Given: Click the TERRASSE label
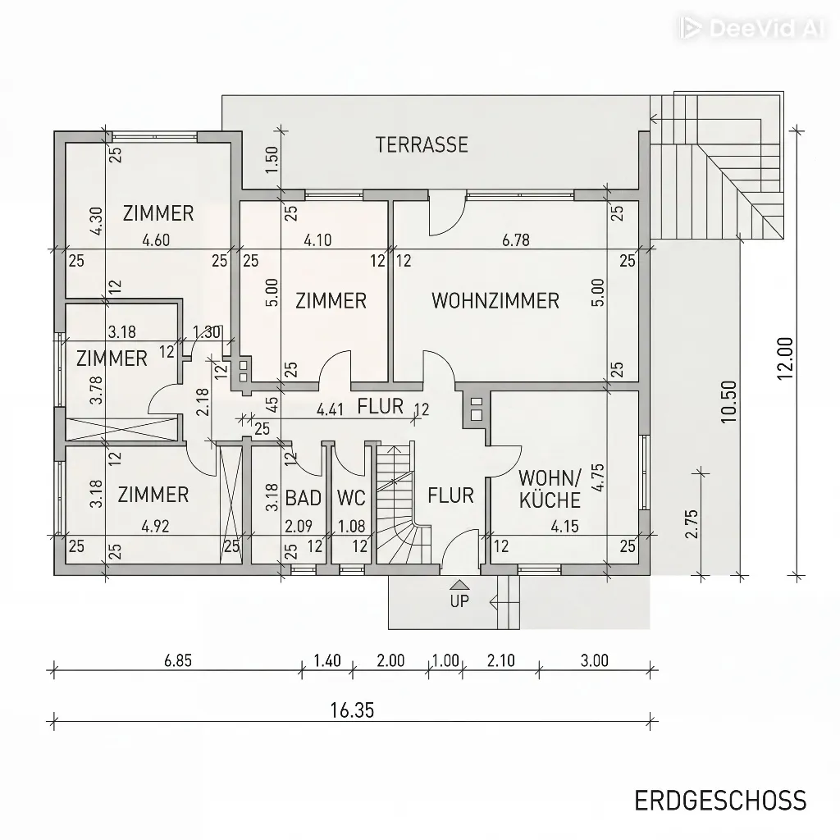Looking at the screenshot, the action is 422,144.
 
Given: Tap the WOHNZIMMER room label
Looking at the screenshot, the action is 495,300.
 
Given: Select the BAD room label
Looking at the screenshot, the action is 304,498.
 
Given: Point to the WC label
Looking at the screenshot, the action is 351,498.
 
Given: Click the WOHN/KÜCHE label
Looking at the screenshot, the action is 550,489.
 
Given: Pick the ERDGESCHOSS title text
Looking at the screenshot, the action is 720,801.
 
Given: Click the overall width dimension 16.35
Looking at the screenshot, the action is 352,710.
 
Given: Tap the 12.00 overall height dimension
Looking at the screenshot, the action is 785,358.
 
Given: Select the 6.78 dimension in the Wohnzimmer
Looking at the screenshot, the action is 516,240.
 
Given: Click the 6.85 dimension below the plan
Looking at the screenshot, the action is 178,660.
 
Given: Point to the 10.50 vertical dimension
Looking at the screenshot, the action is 728,402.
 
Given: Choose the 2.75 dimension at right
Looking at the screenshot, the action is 692,523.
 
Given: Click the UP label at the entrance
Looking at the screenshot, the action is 459,601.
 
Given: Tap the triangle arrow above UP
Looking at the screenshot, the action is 460,584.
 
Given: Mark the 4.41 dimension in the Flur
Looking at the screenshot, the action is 330,410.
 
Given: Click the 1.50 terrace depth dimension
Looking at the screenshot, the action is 272,160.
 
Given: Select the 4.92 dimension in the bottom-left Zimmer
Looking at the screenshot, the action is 155,527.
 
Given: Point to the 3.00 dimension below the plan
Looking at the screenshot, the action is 595,660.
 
